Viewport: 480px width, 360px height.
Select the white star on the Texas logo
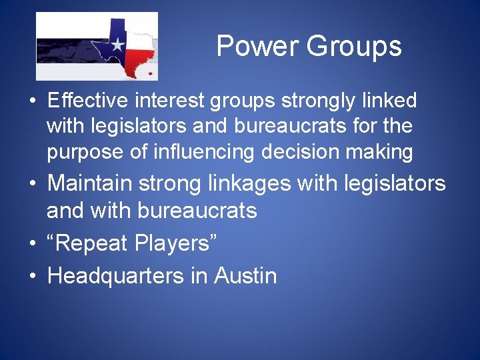118,45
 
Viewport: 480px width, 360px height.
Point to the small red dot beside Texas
151,73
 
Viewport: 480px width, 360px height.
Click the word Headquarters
117,276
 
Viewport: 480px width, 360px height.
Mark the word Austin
245,275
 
